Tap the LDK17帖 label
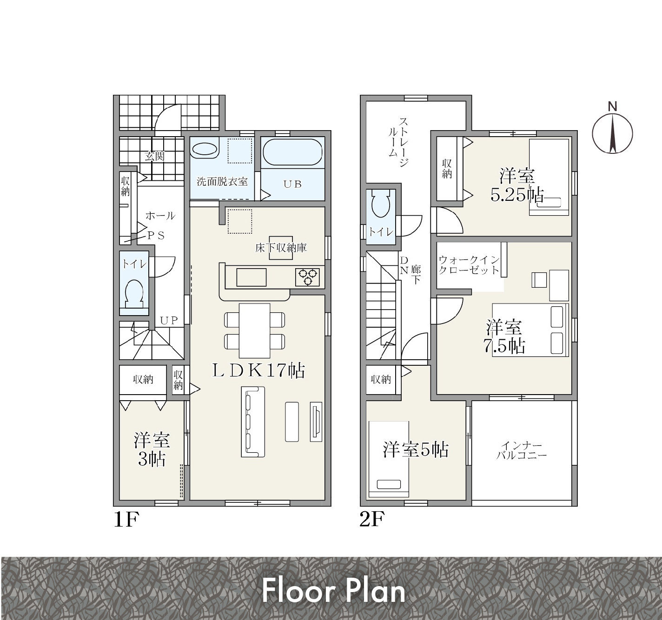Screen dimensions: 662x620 point(258,371)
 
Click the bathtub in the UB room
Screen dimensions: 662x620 point(292,152)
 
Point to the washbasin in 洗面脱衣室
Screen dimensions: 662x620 point(204,149)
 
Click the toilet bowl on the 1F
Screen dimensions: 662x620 point(134,294)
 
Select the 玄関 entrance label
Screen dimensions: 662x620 point(155,156)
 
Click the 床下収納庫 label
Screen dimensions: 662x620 point(281,248)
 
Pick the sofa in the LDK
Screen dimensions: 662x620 point(253,422)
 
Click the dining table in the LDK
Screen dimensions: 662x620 point(254,330)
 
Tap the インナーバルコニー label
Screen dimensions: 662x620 point(521,450)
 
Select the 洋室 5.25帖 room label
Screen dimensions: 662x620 point(517,185)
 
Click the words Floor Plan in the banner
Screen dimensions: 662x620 point(333,591)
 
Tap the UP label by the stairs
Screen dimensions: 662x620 point(169,320)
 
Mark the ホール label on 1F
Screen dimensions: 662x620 point(160,216)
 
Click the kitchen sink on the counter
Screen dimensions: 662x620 point(252,277)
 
